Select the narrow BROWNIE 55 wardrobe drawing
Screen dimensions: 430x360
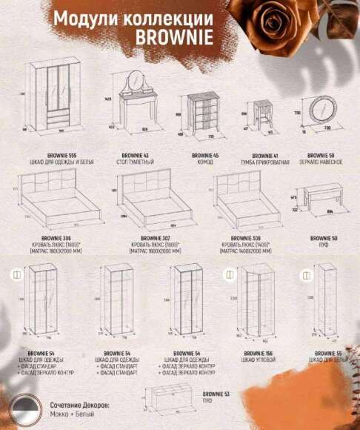pyautogui.click(x=323, y=304)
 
